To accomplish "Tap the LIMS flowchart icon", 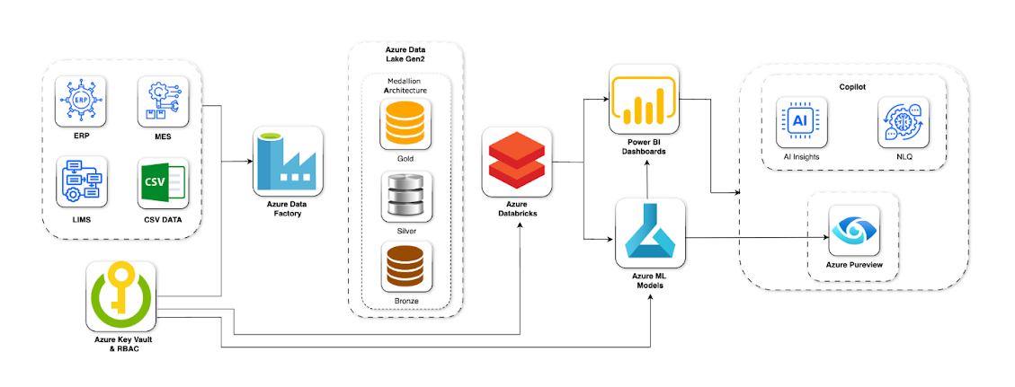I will coord(81,184).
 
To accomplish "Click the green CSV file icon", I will coord(163,184).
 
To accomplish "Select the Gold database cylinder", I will coord(405,125).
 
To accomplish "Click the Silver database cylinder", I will coord(405,198).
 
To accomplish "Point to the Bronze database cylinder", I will coord(405,268).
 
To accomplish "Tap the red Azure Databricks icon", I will coord(516,162).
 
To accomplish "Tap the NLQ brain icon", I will coord(903,122).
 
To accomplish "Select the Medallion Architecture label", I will coord(405,85).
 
